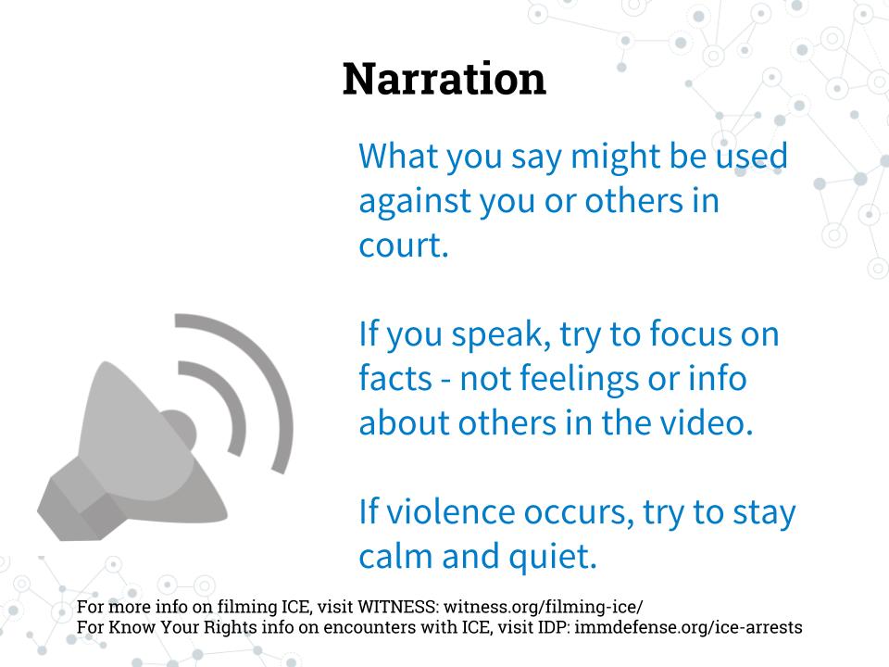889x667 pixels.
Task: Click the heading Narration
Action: [x=444, y=79]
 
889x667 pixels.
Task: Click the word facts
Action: [x=395, y=378]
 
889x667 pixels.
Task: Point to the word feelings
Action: [x=579, y=380]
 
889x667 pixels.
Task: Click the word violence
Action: [x=450, y=511]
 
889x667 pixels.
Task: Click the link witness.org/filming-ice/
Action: [x=544, y=607]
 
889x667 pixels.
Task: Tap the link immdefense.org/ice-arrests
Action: [x=688, y=627]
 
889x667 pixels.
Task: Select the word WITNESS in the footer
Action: [x=397, y=607]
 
